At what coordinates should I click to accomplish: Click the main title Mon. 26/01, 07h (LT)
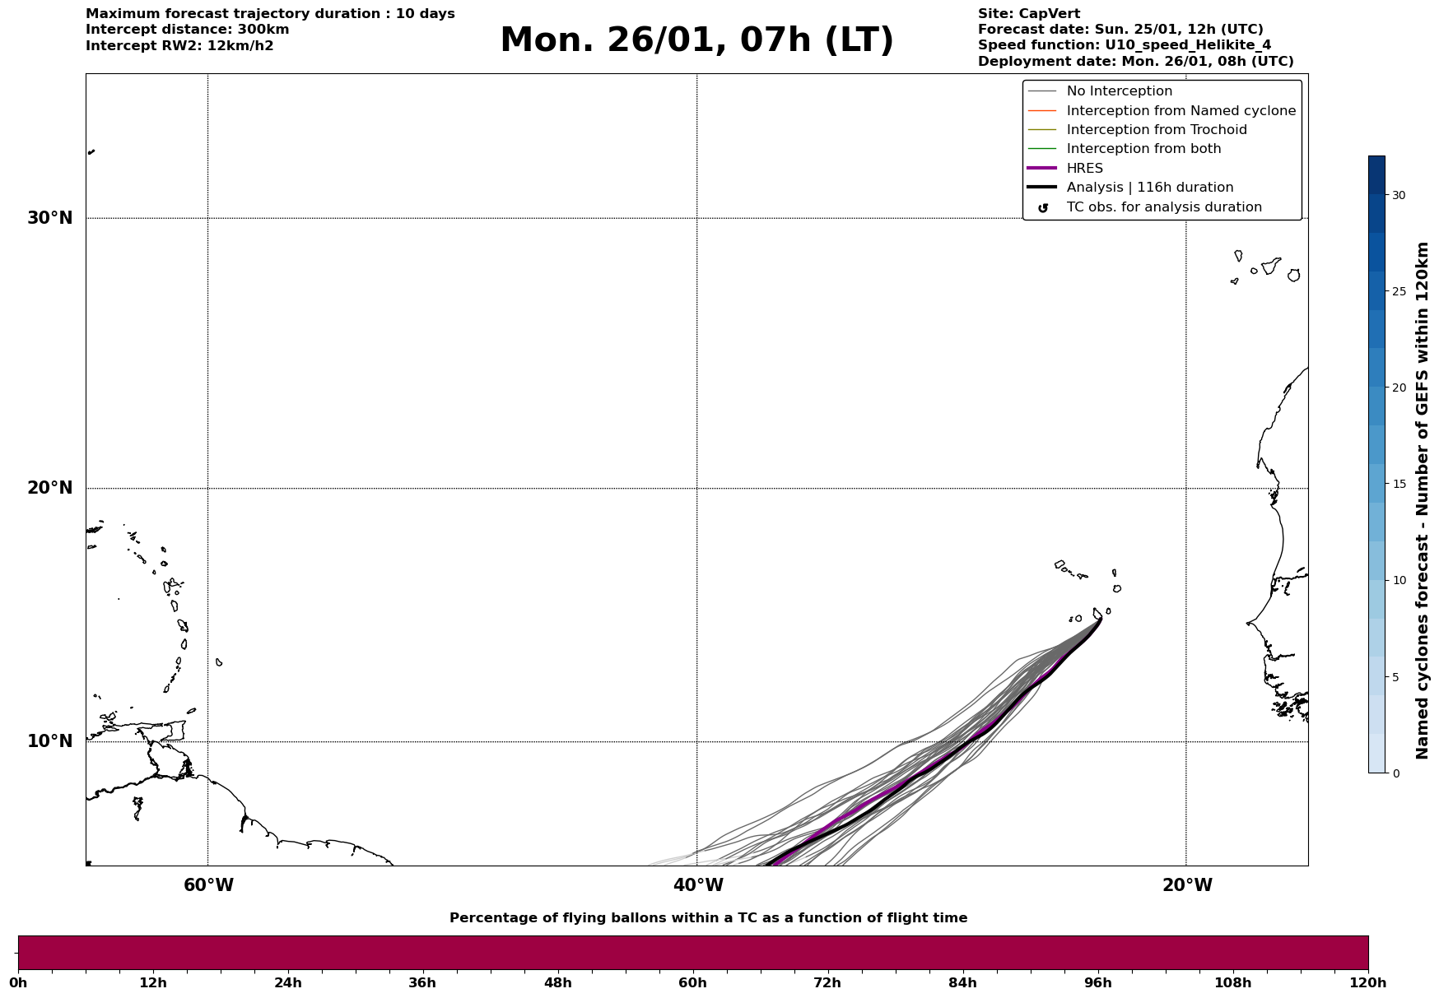(x=696, y=40)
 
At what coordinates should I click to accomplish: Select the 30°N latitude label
(x=49, y=218)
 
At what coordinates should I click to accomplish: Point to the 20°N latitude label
(x=49, y=488)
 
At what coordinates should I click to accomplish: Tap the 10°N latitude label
(x=49, y=741)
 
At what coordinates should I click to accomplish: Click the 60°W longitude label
(x=208, y=885)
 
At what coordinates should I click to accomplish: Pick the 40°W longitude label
(x=698, y=885)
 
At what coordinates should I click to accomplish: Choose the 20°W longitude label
(x=1187, y=885)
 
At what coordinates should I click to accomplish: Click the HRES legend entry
(x=1084, y=169)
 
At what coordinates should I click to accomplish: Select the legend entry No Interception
(x=1119, y=91)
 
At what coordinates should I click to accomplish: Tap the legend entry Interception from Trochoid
(x=1156, y=130)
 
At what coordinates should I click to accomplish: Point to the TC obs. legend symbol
(x=1042, y=208)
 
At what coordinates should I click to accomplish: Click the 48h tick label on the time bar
(x=557, y=983)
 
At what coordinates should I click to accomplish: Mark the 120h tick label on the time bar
(x=1367, y=983)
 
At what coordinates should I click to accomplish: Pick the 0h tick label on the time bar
(x=18, y=983)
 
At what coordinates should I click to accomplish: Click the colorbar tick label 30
(x=1399, y=195)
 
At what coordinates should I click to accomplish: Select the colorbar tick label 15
(x=1399, y=484)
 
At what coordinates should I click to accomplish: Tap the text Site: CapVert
(x=1028, y=14)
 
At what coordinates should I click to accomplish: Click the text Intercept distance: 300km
(x=187, y=30)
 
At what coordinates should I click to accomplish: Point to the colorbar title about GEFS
(x=1422, y=500)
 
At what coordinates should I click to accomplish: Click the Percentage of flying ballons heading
(x=708, y=918)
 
